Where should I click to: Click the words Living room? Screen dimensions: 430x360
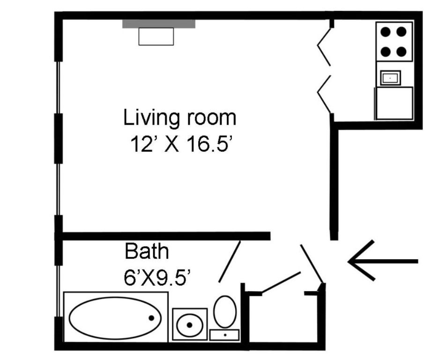[x=179, y=118]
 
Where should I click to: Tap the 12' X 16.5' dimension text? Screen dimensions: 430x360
[x=182, y=144]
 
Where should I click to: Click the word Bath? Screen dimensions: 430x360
[x=147, y=251]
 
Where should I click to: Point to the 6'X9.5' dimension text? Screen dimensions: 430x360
[x=157, y=277]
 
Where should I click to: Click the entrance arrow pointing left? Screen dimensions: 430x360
[x=383, y=261]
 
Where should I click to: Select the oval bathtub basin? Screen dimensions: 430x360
[x=115, y=318]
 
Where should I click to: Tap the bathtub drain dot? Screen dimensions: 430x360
[x=151, y=318]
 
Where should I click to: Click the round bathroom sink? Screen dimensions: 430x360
[x=189, y=325]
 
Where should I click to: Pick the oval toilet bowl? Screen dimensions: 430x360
[x=225, y=311]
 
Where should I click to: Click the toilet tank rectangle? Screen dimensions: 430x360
[x=224, y=335]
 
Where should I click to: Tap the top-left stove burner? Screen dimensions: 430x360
[x=386, y=31]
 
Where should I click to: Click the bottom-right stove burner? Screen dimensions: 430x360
[x=401, y=51]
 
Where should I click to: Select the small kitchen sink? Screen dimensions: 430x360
[x=391, y=78]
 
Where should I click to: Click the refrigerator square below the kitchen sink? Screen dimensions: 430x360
[x=394, y=103]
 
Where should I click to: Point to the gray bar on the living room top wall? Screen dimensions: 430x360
[x=159, y=24]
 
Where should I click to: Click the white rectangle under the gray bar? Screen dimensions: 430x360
[x=156, y=37]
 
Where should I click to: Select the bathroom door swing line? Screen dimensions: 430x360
[x=230, y=262]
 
